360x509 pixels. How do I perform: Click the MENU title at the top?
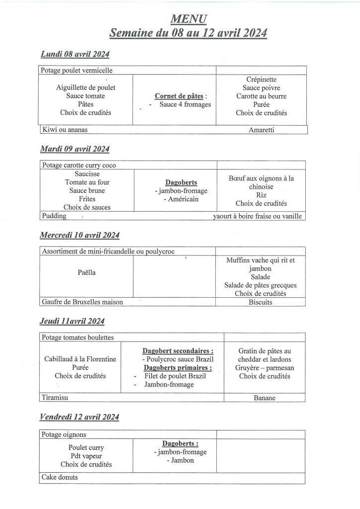pyautogui.click(x=188, y=19)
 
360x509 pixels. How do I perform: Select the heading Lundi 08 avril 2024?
pyautogui.click(x=75, y=54)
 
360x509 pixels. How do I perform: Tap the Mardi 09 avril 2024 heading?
pyautogui.click(x=75, y=149)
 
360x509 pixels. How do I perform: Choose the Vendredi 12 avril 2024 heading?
pyautogui.click(x=80, y=417)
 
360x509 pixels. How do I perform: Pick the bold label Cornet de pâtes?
pyautogui.click(x=180, y=95)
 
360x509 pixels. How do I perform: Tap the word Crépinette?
pyautogui.click(x=262, y=80)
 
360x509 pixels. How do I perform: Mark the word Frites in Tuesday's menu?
pyautogui.click(x=87, y=199)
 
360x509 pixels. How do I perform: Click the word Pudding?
pyautogui.click(x=54, y=216)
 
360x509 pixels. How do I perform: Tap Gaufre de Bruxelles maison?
pyautogui.click(x=82, y=302)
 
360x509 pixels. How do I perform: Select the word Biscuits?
pyautogui.click(x=261, y=302)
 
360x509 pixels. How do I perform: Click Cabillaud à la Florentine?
pyautogui.click(x=81, y=359)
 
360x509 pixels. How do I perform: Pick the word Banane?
pyautogui.click(x=264, y=398)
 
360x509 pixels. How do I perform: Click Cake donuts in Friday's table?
pyautogui.click(x=60, y=478)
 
